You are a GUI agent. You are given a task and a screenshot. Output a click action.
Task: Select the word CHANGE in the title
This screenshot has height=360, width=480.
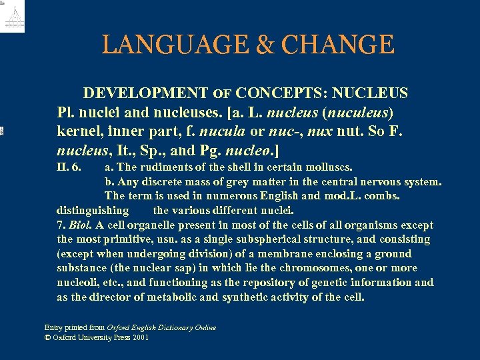click(x=337, y=45)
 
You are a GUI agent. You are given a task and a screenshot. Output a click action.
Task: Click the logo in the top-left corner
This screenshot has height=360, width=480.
click(x=13, y=16)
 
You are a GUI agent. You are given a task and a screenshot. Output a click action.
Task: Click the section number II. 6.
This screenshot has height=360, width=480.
click(x=69, y=167)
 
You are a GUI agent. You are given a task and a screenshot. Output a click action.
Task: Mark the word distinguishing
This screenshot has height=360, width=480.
click(x=93, y=210)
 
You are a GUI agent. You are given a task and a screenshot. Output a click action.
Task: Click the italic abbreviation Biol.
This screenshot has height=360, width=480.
click(x=79, y=225)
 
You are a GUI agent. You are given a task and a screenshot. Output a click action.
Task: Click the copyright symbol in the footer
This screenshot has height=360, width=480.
click(x=47, y=337)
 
